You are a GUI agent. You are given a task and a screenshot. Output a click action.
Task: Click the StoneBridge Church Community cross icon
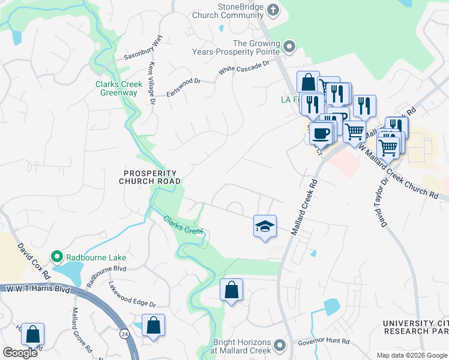tap(273, 10)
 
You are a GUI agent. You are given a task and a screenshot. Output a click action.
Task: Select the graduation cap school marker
tap(265, 226)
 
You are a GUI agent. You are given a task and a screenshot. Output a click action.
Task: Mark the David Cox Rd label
tap(34, 260)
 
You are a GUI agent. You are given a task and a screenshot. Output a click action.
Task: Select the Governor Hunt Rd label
tap(323, 344)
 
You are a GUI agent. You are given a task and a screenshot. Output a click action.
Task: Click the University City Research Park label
tap(415, 328)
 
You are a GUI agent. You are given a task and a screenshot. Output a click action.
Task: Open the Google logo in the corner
tap(20, 353)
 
